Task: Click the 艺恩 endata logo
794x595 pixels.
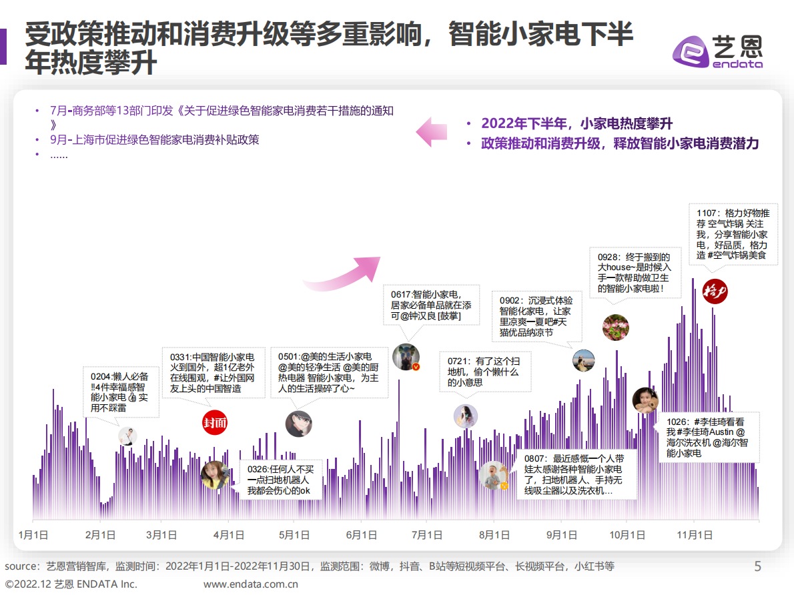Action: pos(717,51)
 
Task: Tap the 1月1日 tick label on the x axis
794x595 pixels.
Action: pos(33,535)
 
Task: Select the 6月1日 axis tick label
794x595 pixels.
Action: pos(361,535)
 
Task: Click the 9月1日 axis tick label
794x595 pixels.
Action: pos(561,535)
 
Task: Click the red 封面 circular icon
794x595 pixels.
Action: pos(215,422)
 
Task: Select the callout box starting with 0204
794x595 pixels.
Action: pos(121,392)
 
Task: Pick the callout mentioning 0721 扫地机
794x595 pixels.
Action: pos(486,372)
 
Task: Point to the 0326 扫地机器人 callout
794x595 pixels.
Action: pos(280,480)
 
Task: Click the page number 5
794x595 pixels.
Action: pos(757,567)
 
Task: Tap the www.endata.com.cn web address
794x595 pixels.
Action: pos(251,584)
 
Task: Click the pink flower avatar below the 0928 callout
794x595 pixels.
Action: pos(615,328)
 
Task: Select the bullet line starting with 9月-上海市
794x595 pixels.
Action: pos(154,140)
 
